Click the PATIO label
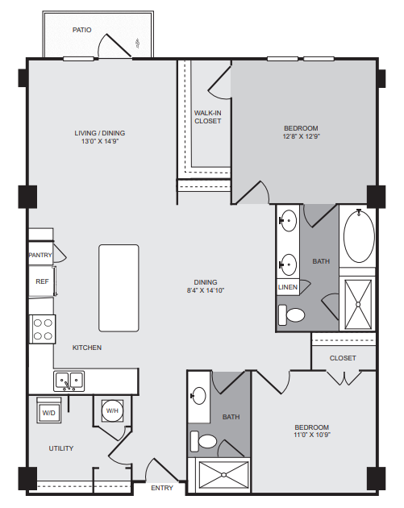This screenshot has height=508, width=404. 81,30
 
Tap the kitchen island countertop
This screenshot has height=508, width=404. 119,288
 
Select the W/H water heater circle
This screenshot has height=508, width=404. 112,410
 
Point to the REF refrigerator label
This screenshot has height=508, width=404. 42,281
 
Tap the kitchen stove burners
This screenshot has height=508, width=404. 43,329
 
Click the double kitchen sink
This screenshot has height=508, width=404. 69,381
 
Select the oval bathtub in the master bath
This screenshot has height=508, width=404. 359,236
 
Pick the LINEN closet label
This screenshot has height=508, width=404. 288,287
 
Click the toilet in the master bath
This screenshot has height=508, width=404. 292,314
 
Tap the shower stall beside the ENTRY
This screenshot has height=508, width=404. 223,475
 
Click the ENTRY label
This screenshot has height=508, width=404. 162,488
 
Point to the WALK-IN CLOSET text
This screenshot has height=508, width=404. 208,117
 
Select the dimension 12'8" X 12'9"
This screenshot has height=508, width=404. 301,136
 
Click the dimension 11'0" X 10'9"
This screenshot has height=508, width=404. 311,435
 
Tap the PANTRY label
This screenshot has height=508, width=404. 40,255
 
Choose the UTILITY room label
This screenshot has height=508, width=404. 61,448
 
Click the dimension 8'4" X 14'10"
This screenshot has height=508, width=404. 206,290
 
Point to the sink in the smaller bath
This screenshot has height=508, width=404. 198,396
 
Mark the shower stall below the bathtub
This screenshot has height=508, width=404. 358,305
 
